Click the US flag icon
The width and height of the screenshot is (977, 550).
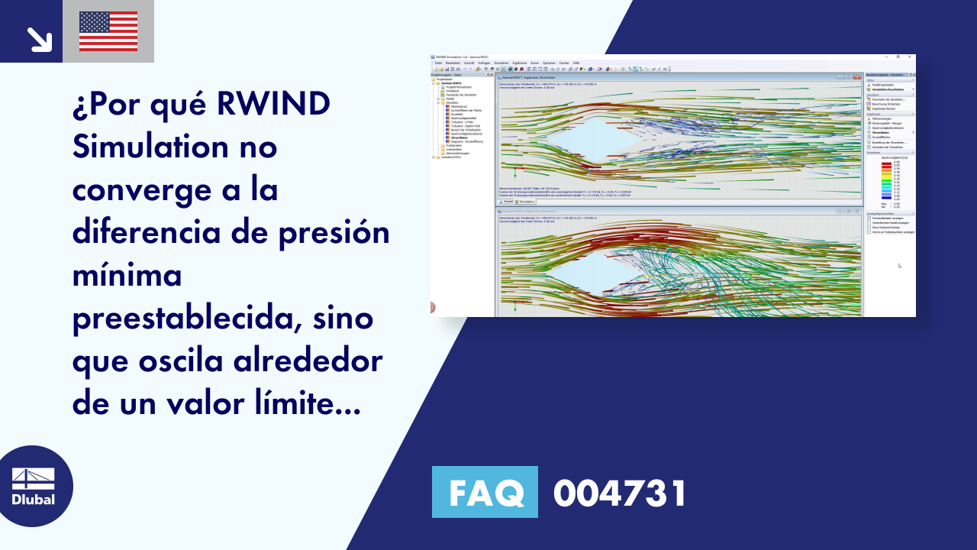(108, 31)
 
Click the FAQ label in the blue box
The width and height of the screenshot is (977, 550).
(485, 493)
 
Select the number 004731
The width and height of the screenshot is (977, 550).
(620, 493)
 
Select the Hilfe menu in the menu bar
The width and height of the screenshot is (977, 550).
(576, 62)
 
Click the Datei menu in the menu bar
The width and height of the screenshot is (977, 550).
(438, 62)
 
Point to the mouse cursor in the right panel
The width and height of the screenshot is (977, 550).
(898, 265)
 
